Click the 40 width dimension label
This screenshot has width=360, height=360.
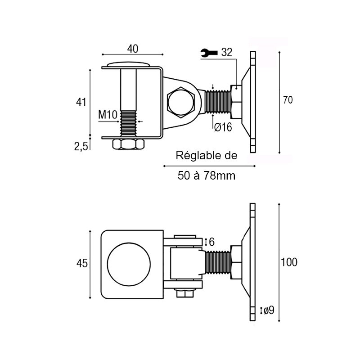(x=133, y=49)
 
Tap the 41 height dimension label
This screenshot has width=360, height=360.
(x=81, y=102)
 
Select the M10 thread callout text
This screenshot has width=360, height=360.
(x=108, y=114)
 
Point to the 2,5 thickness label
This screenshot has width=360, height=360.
(x=81, y=146)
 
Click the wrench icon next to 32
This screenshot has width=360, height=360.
(x=209, y=53)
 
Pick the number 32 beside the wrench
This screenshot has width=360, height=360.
(x=227, y=52)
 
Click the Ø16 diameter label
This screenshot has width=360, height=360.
(x=223, y=127)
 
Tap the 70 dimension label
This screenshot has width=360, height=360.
(x=288, y=100)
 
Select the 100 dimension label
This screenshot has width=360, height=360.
(x=289, y=262)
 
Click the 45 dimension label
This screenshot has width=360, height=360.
(x=82, y=263)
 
